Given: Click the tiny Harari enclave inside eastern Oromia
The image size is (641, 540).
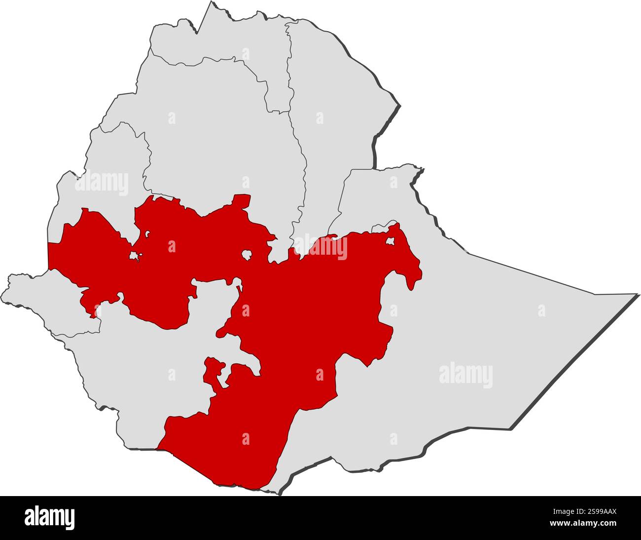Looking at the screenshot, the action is (x=390, y=242).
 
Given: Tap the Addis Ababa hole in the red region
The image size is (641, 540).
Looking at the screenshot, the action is (x=247, y=255).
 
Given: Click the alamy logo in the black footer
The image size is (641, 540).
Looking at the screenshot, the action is (x=50, y=518).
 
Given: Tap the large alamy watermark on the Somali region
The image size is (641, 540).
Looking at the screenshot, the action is (x=465, y=375).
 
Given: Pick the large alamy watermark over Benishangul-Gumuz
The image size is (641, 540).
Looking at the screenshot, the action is (x=102, y=183).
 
